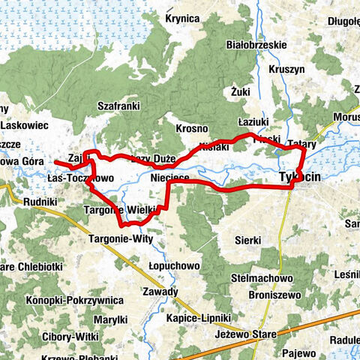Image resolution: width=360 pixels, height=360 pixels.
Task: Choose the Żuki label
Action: click(240, 91)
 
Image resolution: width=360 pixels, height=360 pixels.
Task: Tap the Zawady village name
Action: click(162, 292)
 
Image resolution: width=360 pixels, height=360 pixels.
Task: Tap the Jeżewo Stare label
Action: click(245, 334)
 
